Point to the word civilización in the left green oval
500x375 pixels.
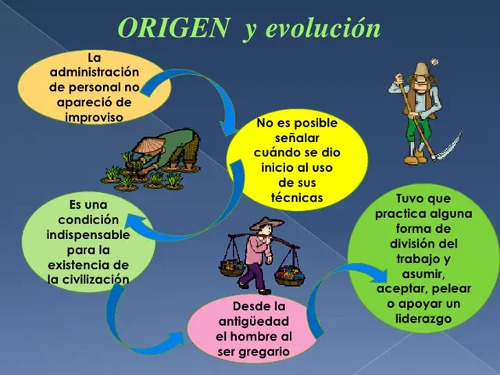87,279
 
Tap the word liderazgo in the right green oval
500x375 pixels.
423,318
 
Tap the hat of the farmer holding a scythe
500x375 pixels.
423,70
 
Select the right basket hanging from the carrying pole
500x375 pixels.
290,274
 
